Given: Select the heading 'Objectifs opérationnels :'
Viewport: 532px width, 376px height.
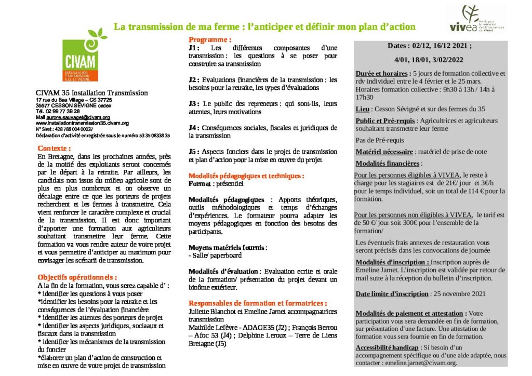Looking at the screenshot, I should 77,277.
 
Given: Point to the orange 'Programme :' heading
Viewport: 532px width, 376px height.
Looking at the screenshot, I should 210,40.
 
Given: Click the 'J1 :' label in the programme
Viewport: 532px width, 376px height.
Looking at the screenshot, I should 195,48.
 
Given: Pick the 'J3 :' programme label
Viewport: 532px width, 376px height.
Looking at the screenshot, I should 195,104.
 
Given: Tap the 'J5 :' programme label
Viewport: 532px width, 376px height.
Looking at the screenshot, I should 195,152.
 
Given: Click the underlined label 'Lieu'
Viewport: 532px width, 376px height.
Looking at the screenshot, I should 363,110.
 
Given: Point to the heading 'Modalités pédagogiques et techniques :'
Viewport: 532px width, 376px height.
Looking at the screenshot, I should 246,176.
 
